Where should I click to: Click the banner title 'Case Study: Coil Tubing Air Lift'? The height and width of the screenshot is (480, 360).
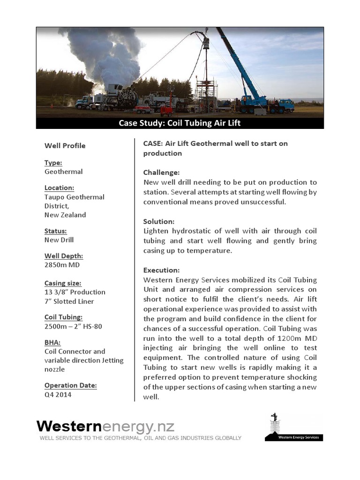pyautogui.click(x=180, y=123)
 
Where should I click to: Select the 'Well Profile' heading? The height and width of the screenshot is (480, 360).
pyautogui.click(x=65, y=145)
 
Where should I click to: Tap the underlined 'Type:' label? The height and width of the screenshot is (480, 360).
pyautogui.click(x=53, y=163)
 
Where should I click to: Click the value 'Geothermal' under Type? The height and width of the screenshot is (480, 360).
pyautogui.click(x=63, y=172)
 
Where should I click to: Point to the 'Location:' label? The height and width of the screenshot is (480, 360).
pyautogui.click(x=60, y=187)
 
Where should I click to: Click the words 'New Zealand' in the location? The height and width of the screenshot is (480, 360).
pyautogui.click(x=65, y=215)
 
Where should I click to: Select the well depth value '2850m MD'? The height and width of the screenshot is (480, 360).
pyautogui.click(x=62, y=265)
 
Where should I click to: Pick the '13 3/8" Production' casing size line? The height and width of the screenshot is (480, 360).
pyautogui.click(x=75, y=292)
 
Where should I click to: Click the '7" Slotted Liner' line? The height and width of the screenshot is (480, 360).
pyautogui.click(x=69, y=301)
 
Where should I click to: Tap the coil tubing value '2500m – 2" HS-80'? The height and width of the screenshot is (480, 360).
pyautogui.click(x=74, y=326)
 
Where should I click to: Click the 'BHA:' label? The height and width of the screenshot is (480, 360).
pyautogui.click(x=52, y=342)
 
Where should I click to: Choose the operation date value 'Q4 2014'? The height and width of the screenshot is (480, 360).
pyautogui.click(x=58, y=394)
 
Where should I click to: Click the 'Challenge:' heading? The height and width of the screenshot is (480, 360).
pyautogui.click(x=161, y=172)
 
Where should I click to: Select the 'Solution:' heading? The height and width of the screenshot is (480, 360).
pyautogui.click(x=158, y=221)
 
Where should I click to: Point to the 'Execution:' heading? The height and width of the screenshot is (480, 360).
pyautogui.click(x=161, y=270)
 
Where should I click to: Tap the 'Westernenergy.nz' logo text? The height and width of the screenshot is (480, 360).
pyautogui.click(x=105, y=426)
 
